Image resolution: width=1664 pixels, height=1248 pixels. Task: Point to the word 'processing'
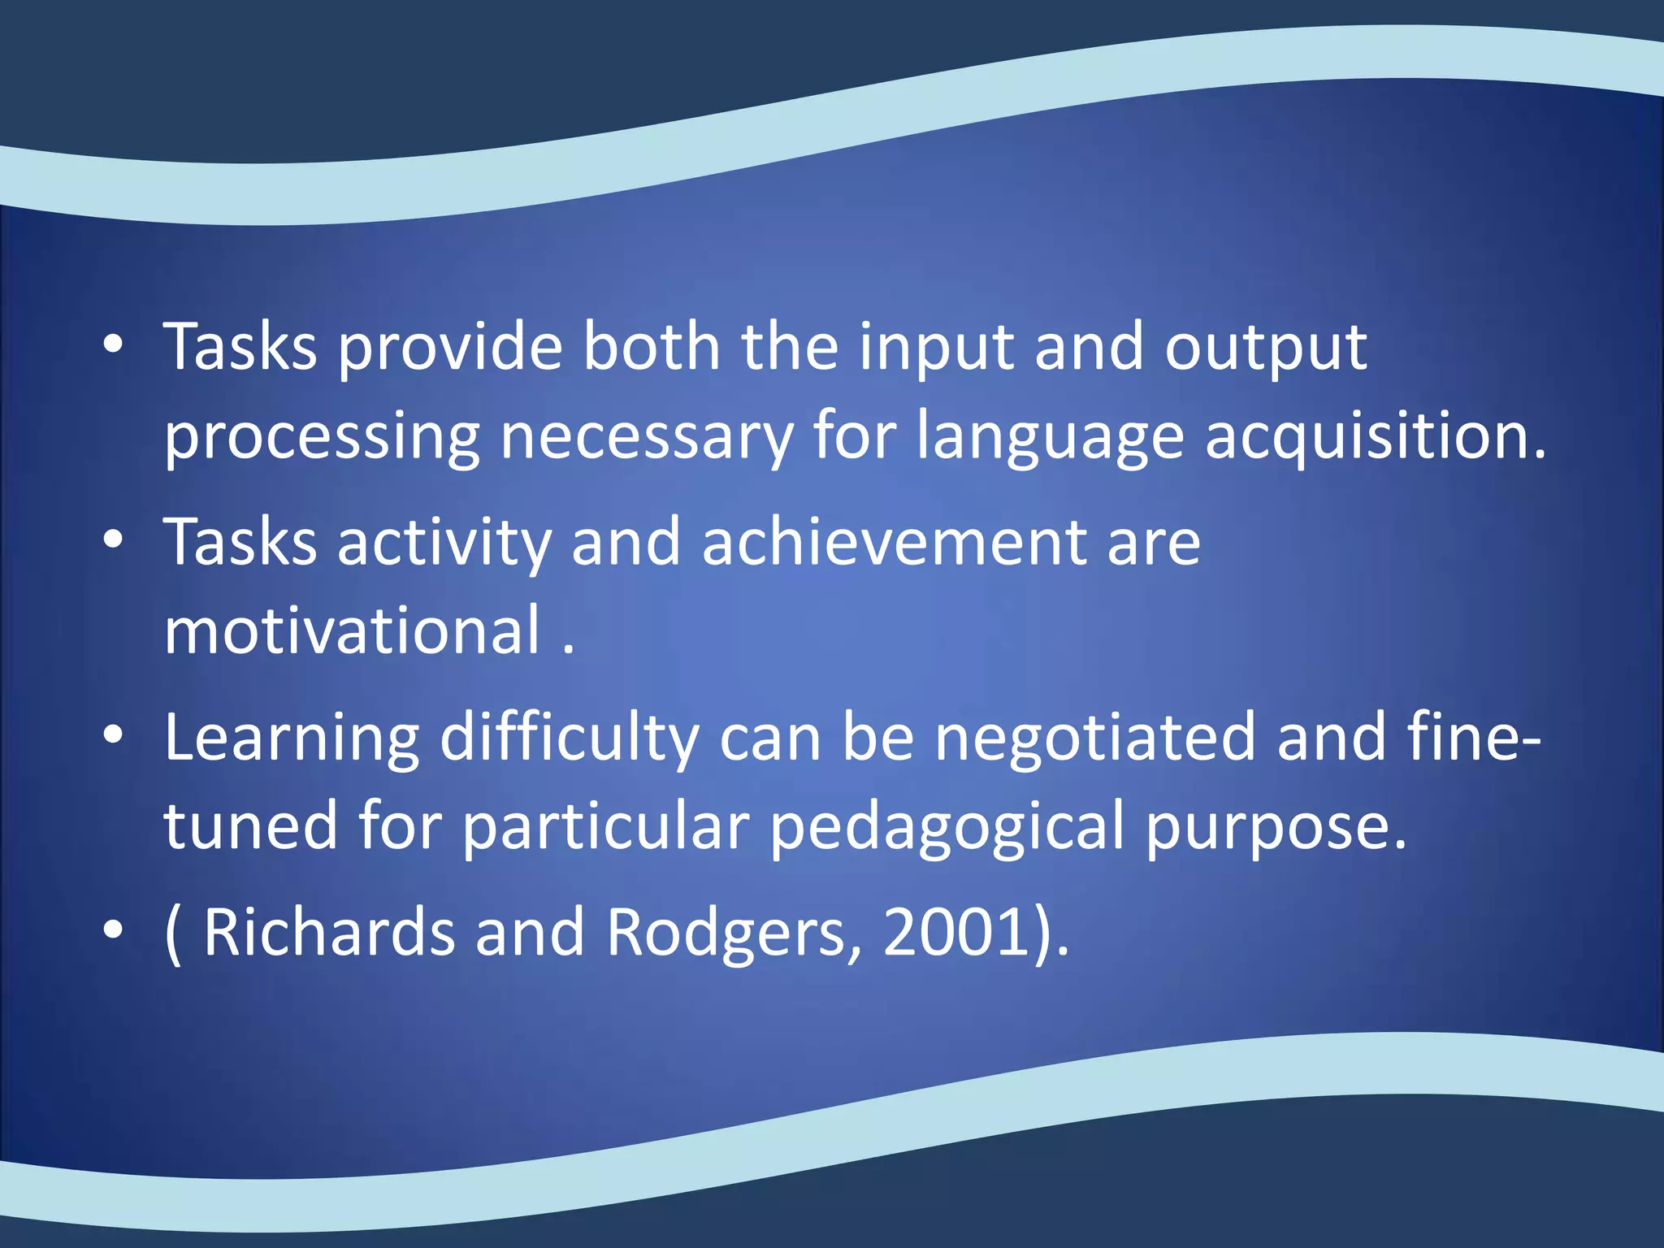(x=322, y=439)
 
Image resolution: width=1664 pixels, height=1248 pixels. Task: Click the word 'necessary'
(x=646, y=439)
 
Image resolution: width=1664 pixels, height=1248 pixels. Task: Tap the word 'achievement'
(x=894, y=543)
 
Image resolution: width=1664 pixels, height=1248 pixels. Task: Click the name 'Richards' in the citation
(x=329, y=933)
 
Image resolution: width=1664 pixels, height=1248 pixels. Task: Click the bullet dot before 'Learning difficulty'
(x=113, y=735)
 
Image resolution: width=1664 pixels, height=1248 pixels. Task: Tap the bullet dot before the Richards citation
(x=113, y=930)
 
